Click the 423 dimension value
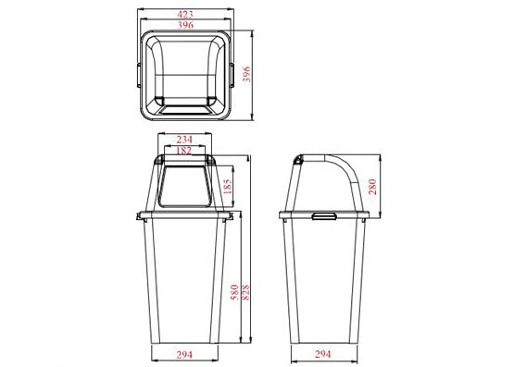185,15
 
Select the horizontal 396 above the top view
185,25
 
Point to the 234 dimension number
184,140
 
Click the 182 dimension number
184,151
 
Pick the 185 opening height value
227,186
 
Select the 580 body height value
234,292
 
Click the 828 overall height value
245,292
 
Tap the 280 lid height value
372,187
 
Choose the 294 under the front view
184,355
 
